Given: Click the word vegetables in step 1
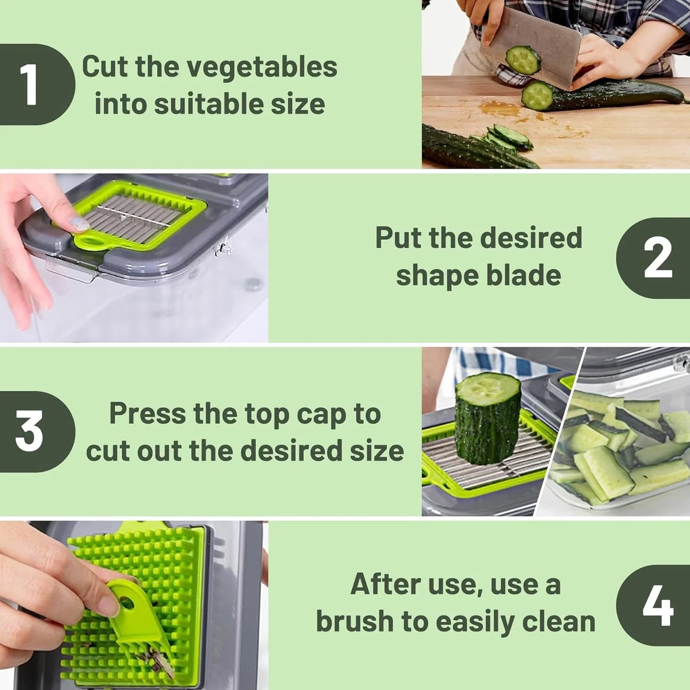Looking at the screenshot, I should (x=262, y=67).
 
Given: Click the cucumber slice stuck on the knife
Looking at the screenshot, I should (x=523, y=60).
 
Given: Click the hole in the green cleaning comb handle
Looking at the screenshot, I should (x=127, y=604).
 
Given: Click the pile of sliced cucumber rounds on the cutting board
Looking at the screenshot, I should (x=509, y=138).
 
